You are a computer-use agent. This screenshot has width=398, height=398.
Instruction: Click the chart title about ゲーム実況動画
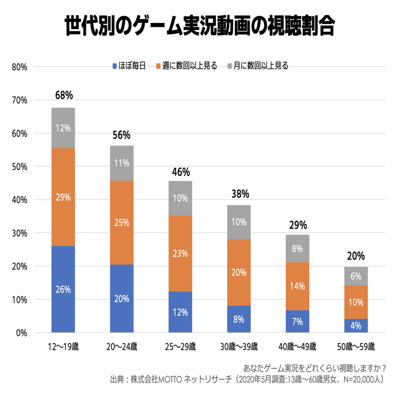click(x=199, y=27)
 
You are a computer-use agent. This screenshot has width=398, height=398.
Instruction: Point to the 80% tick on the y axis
click(x=19, y=67)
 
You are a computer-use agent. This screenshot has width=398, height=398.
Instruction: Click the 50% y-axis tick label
click(x=19, y=167)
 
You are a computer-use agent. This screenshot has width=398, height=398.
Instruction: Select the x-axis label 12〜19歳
click(x=63, y=347)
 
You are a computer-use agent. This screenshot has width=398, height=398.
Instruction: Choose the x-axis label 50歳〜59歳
click(x=356, y=347)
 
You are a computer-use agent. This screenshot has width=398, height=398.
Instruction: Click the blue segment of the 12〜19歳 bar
click(x=63, y=289)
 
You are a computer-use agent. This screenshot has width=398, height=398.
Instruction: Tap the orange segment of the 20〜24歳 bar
click(x=122, y=223)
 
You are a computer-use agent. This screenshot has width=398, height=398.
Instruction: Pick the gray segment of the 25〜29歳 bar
click(x=180, y=198)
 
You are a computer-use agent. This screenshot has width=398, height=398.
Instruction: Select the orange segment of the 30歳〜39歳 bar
click(x=239, y=272)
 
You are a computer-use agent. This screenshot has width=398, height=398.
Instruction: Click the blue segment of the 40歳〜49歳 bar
click(x=297, y=321)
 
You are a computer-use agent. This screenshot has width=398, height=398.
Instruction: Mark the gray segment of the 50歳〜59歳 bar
click(x=356, y=276)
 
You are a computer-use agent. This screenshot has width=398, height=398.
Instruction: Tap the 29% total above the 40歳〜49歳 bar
click(x=298, y=225)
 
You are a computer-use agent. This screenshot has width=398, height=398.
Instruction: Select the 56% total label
click(x=122, y=135)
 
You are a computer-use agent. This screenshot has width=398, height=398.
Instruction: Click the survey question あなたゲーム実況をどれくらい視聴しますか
click(x=314, y=367)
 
